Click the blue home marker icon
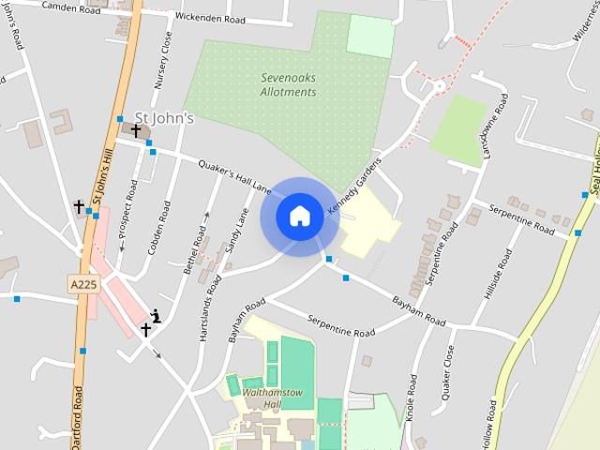point(300,217)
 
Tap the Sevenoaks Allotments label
point(288,85)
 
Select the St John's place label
point(164,118)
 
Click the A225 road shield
point(82,282)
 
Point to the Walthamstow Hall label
point(261,398)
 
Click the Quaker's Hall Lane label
point(234,175)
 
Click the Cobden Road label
point(158,229)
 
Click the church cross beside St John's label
point(136,130)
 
